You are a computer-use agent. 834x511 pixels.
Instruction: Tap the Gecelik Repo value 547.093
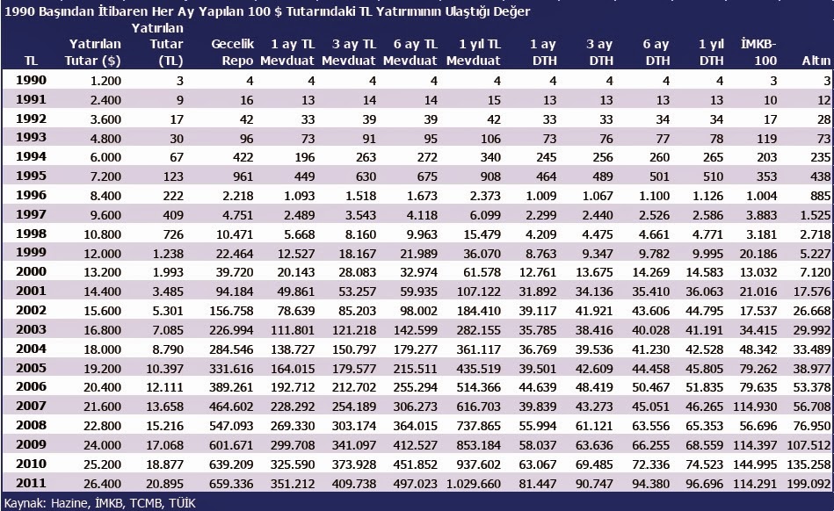tap(232, 425)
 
